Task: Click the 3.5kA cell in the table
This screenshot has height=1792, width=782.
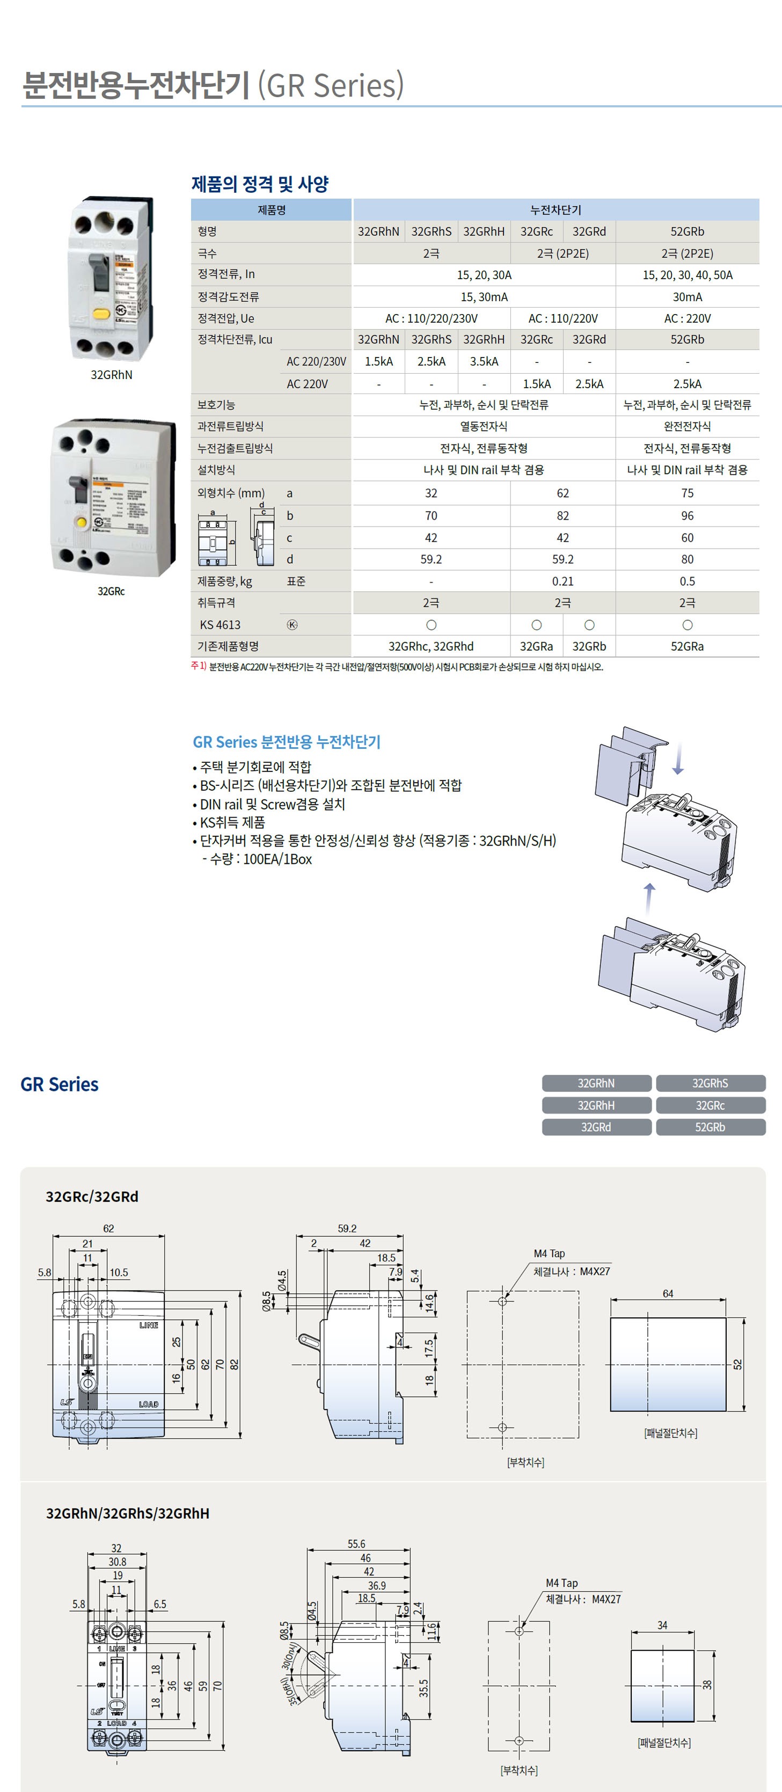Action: coord(484,362)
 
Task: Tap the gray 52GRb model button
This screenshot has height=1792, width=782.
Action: coord(710,1127)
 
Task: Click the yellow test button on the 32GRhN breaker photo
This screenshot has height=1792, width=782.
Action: coord(101,313)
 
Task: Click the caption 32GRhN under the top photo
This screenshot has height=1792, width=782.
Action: coord(111,375)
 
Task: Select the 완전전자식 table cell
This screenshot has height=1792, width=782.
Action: coord(686,426)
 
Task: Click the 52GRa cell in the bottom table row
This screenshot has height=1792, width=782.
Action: coord(686,646)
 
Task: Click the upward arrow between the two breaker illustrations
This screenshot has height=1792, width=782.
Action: coord(649,899)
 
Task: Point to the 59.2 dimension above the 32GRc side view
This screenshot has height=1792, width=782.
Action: coord(347,1228)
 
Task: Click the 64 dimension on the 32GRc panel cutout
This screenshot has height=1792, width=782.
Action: coord(667,1293)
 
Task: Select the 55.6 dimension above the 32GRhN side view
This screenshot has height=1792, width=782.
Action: coord(356,1543)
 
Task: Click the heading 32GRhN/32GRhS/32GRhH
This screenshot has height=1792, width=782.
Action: coord(127,1513)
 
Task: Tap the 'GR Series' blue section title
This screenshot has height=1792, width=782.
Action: coord(60,1084)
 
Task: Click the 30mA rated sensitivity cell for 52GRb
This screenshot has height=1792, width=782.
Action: coord(686,297)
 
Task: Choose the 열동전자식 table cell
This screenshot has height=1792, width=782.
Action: coord(484,426)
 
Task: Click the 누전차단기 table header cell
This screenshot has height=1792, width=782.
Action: coord(555,210)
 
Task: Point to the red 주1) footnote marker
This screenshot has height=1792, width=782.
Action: coord(198,666)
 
